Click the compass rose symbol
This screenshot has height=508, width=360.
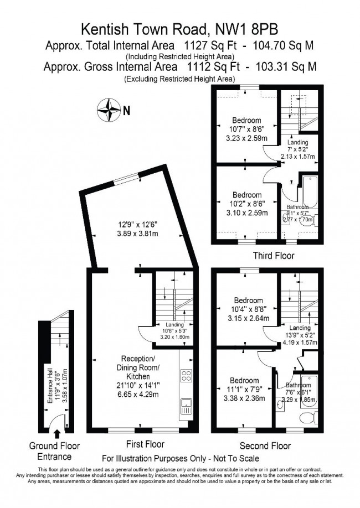(109, 110)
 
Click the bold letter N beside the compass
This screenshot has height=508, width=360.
(127, 111)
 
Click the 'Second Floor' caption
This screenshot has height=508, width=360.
(265, 445)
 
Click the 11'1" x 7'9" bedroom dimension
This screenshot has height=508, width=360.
(244, 389)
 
